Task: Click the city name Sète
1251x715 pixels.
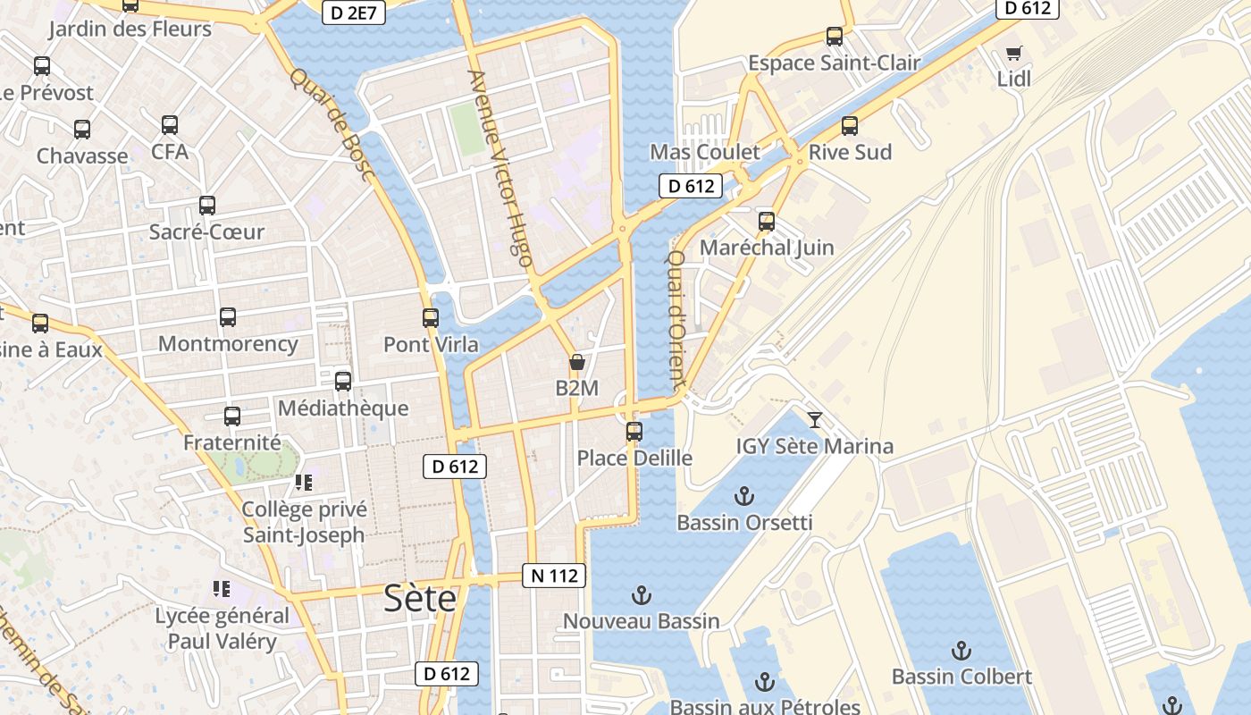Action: (420, 598)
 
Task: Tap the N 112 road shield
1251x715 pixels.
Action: (554, 576)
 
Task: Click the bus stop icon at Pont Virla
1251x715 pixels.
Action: (431, 318)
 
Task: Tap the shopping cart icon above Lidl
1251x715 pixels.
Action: (1013, 53)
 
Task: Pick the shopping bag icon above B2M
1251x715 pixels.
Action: (577, 362)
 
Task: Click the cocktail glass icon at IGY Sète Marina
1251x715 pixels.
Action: (815, 419)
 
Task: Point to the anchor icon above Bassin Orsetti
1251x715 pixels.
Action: (744, 495)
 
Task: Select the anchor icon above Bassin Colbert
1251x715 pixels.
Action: (961, 650)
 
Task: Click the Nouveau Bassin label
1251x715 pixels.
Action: (641, 621)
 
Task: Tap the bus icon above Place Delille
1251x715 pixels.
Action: (634, 432)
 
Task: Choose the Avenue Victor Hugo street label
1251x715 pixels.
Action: (500, 169)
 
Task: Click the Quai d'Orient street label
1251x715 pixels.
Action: (676, 320)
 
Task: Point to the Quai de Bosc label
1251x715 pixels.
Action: (331, 125)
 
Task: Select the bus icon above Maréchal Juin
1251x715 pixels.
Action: (767, 222)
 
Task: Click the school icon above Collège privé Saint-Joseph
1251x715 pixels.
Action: (304, 483)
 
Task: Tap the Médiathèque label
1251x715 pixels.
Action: (343, 408)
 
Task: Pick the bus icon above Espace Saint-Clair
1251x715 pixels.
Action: (835, 37)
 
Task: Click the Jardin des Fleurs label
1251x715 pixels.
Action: (130, 29)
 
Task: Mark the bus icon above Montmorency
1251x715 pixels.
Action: (228, 317)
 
